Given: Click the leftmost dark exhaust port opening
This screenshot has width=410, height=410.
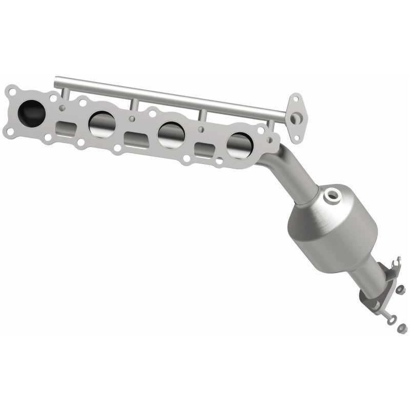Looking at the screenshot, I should pos(31,110).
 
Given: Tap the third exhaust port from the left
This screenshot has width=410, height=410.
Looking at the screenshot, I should pos(171,135).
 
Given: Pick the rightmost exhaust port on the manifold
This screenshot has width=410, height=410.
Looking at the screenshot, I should pos(239,146).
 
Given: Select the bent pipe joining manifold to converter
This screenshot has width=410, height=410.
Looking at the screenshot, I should pos(292,164).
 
